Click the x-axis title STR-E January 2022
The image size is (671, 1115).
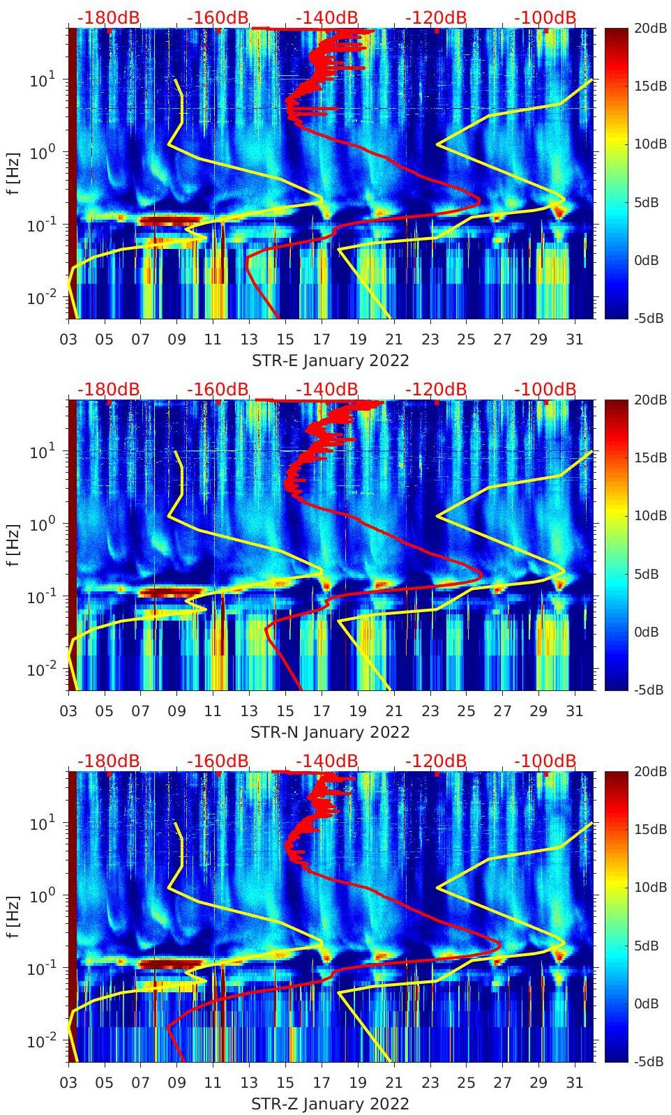pyautogui.click(x=330, y=361)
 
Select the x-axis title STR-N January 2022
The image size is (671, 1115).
pyautogui.click(x=330, y=732)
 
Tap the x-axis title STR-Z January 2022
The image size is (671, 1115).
pyautogui.click(x=330, y=1104)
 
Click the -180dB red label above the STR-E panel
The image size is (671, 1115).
pyautogui.click(x=108, y=17)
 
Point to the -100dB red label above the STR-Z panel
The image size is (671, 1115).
pyautogui.click(x=545, y=761)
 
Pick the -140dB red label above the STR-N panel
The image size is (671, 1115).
pyautogui.click(x=327, y=389)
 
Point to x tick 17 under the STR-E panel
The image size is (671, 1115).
pyautogui.click(x=322, y=340)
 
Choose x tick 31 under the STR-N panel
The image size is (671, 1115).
pyautogui.click(x=574, y=711)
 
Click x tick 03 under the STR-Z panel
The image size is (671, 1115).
pyautogui.click(x=68, y=1083)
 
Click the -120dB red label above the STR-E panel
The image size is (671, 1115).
pyautogui.click(x=436, y=17)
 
